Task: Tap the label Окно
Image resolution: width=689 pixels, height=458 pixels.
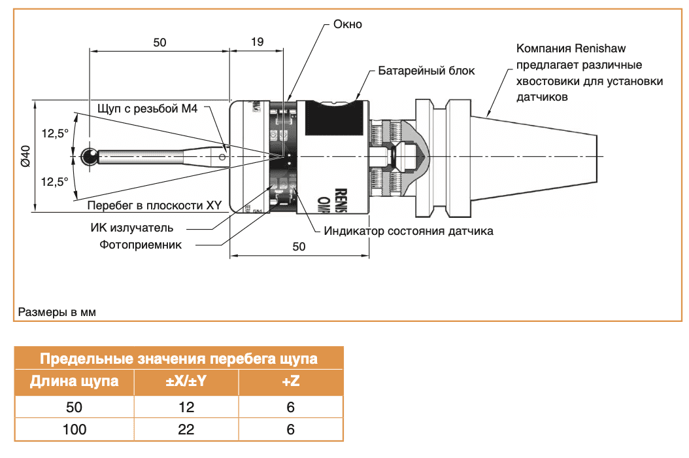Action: [347, 24]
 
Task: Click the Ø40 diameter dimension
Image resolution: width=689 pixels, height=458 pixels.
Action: [25, 157]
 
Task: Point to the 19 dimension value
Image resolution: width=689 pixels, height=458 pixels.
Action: [257, 43]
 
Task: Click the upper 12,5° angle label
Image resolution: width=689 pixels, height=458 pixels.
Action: [55, 133]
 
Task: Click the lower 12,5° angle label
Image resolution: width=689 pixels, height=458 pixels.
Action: [55, 182]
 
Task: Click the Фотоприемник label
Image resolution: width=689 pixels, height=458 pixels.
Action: [141, 244]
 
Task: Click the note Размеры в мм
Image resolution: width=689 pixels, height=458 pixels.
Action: [57, 312]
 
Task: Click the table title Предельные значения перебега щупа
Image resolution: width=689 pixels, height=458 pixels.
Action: [178, 359]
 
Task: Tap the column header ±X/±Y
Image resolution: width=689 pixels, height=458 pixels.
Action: [186, 381]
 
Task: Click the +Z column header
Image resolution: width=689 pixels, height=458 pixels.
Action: [290, 381]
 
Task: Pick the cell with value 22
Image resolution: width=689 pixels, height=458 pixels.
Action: [186, 429]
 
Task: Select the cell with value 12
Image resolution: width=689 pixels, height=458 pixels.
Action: [186, 407]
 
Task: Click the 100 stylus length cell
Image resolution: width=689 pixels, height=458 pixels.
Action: [74, 429]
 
